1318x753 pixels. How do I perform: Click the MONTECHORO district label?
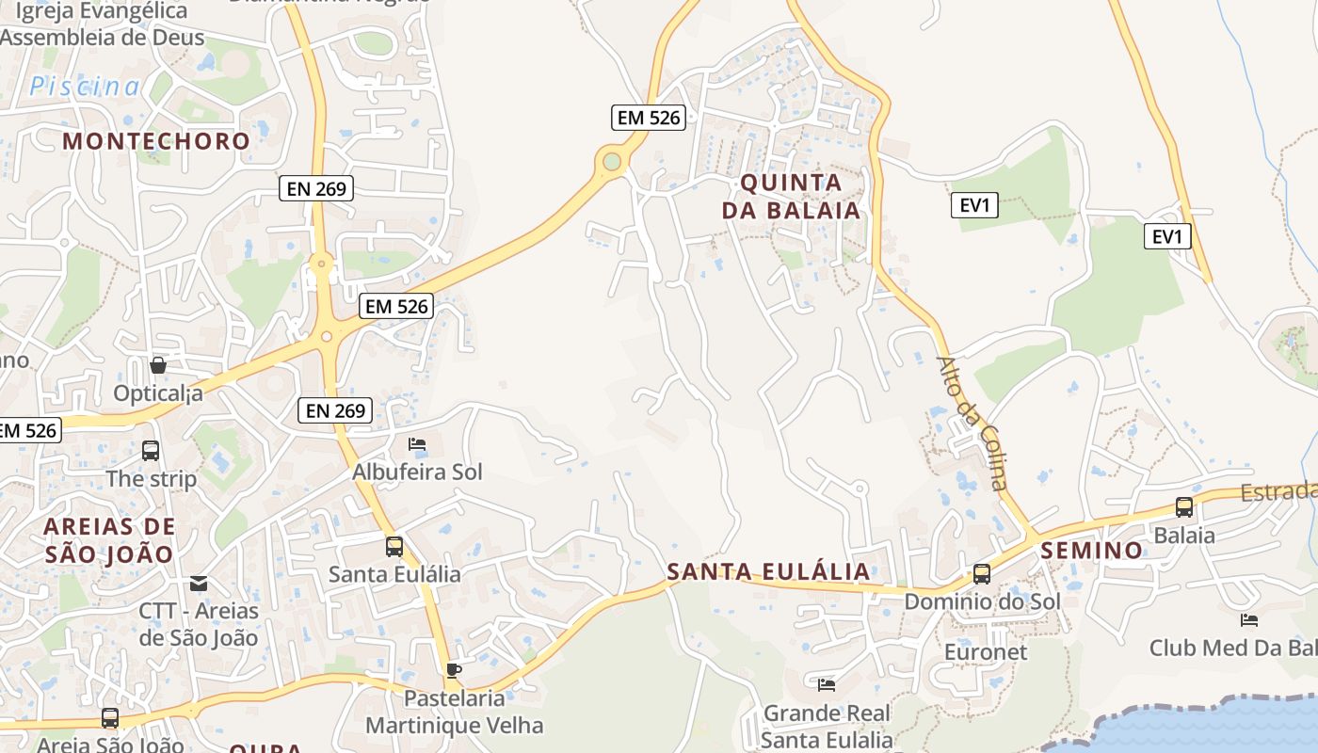(156, 141)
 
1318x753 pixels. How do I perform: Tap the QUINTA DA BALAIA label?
(791, 196)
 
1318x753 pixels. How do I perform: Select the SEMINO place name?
(1092, 550)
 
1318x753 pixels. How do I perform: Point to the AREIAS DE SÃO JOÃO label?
(109, 539)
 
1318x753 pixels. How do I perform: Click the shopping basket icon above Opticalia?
(158, 365)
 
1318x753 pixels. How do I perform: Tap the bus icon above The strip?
(151, 451)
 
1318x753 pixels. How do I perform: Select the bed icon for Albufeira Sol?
(416, 444)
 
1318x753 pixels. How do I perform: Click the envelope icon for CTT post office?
(199, 584)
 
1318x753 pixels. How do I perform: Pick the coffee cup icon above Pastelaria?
(454, 671)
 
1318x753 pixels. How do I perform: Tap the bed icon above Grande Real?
(827, 685)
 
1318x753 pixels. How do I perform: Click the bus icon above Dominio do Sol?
(982, 573)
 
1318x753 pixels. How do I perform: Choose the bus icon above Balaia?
(1184, 507)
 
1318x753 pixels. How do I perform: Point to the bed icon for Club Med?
(1249, 619)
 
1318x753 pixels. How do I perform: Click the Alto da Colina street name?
(972, 424)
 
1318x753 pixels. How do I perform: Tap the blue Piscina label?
(85, 87)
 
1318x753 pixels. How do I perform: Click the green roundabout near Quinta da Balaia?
(613, 162)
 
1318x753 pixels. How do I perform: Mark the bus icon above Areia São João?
(110, 718)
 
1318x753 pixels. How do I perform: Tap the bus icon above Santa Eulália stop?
(394, 546)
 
